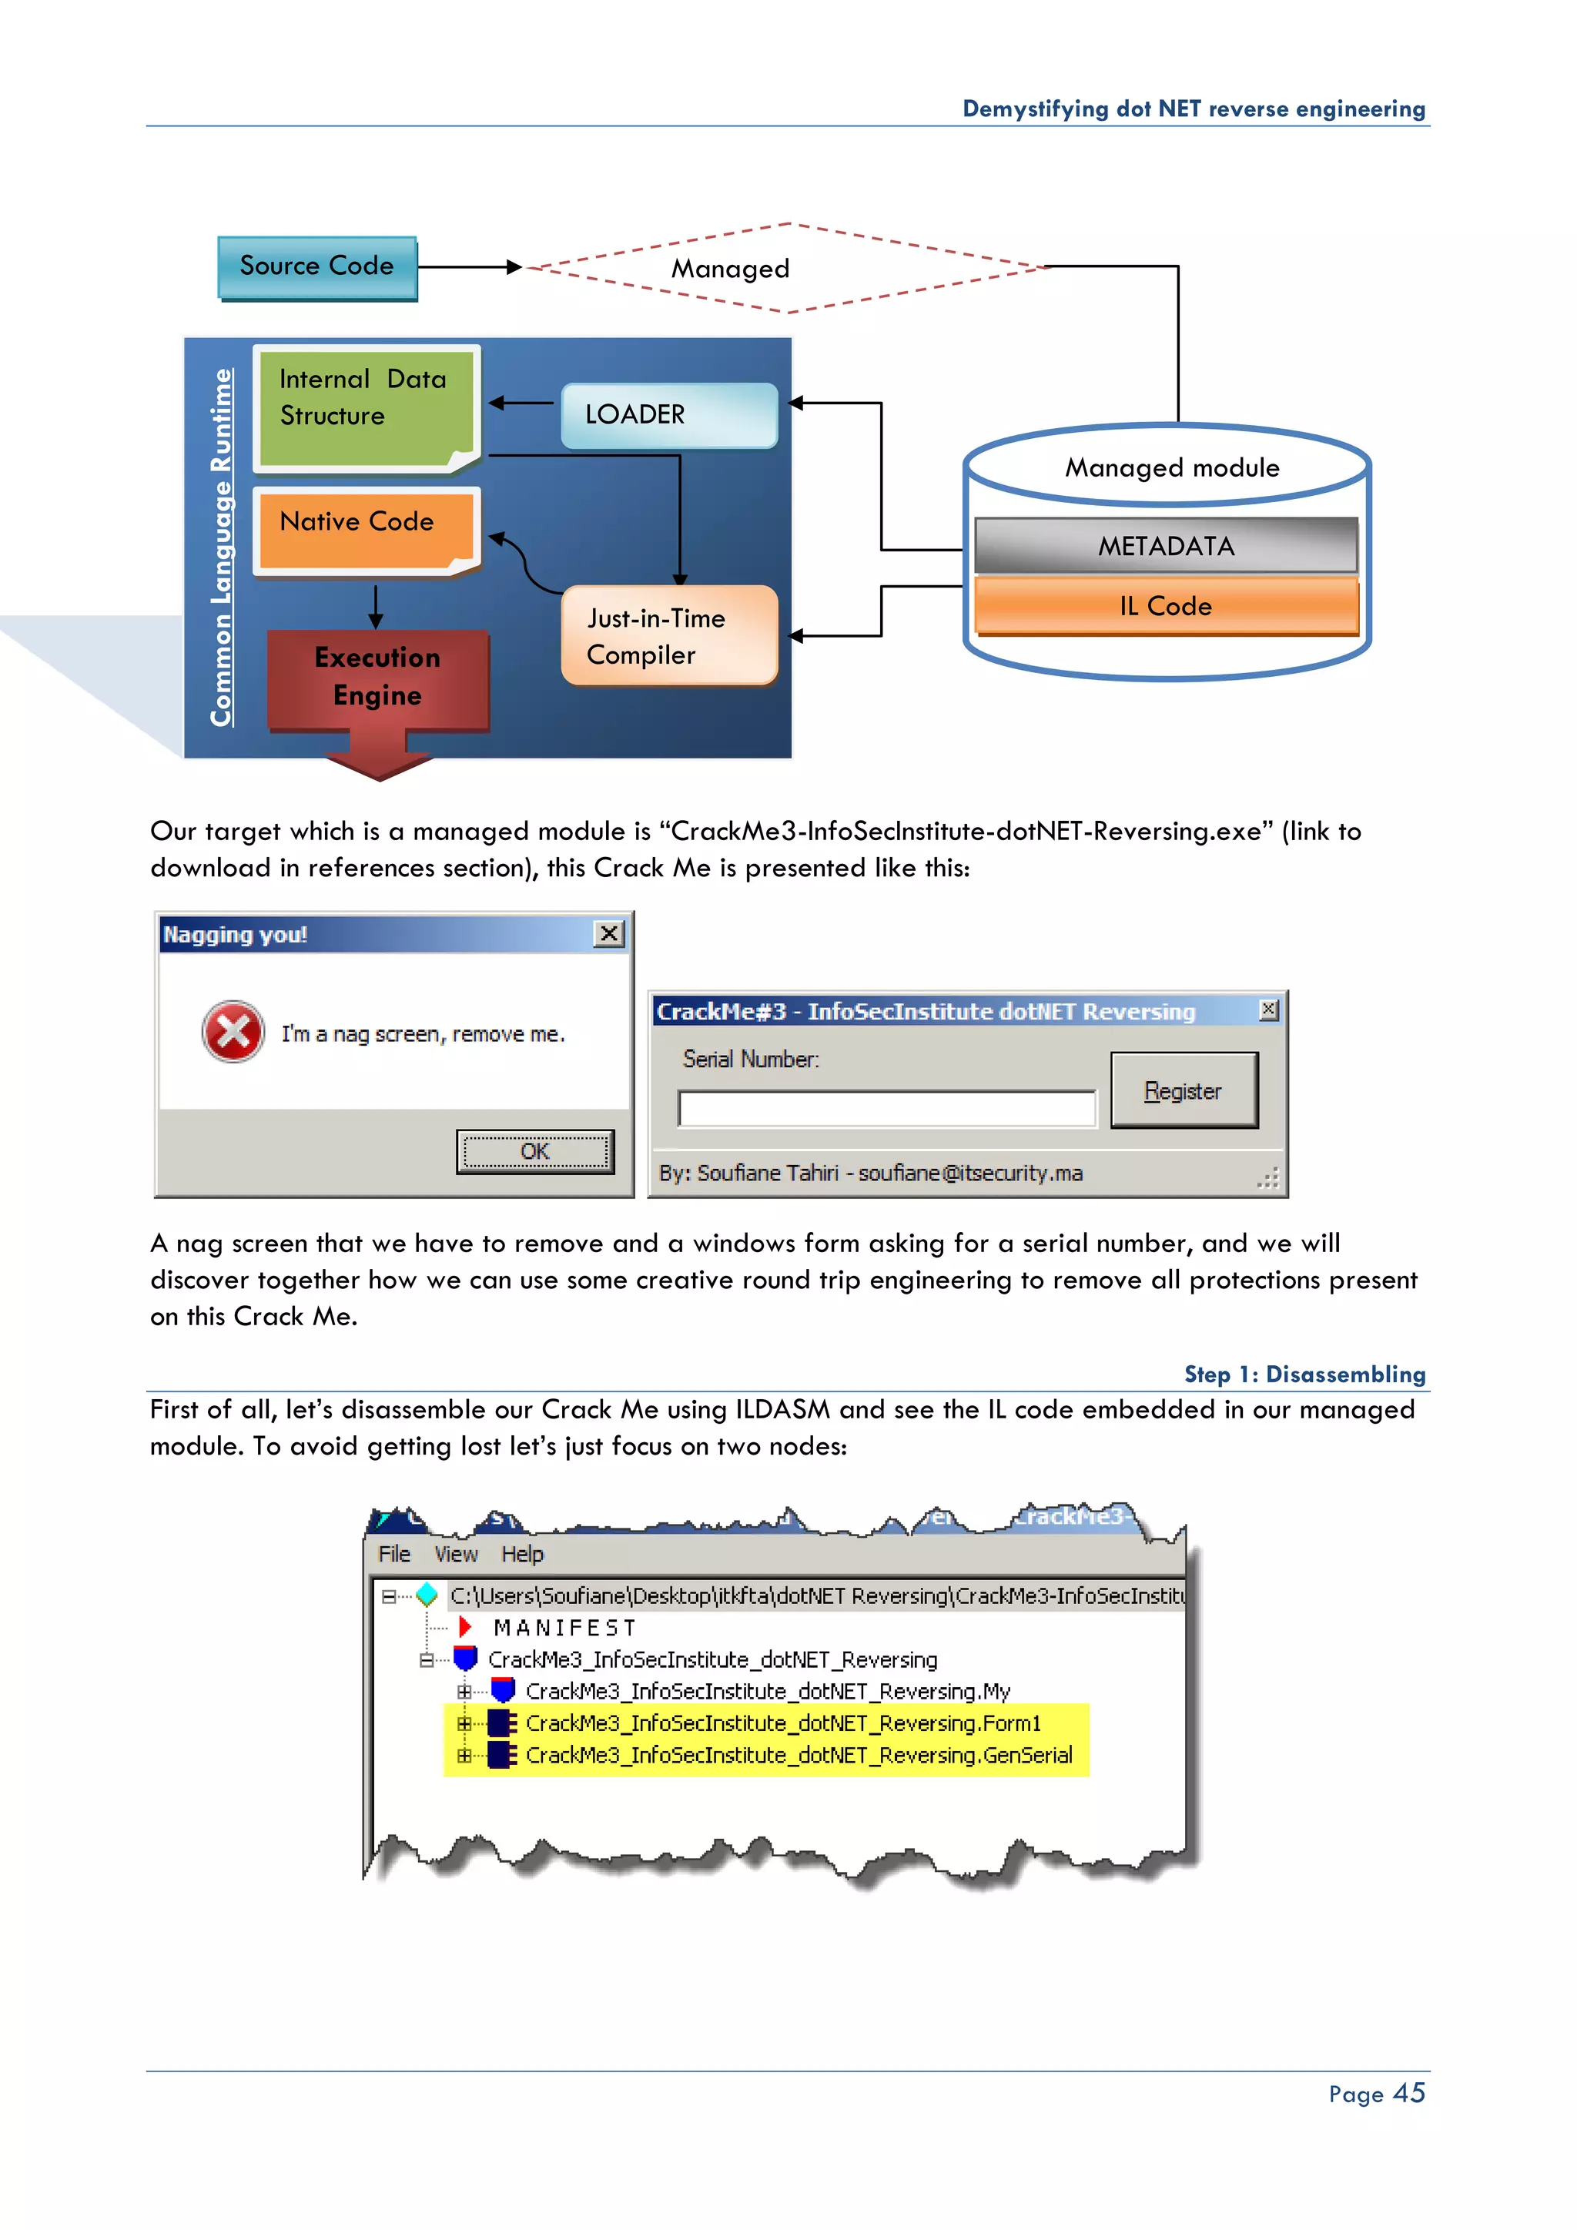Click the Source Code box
pos(316,267)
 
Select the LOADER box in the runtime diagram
pos(669,415)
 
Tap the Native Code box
pos(366,527)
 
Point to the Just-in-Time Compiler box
pos(669,636)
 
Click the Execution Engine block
pos(378,678)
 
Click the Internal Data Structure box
pos(364,403)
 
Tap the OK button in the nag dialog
pos(534,1152)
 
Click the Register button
pos(1183,1090)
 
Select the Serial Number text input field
pos(886,1108)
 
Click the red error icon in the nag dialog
pos(233,1032)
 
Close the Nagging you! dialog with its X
pos(609,933)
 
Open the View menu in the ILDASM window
pos(455,1554)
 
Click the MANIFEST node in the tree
pos(564,1628)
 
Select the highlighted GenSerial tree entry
pos(799,1755)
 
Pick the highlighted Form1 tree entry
pos(782,1723)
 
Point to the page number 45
pos(1408,2093)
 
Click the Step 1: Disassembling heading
pos(1304,1374)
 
